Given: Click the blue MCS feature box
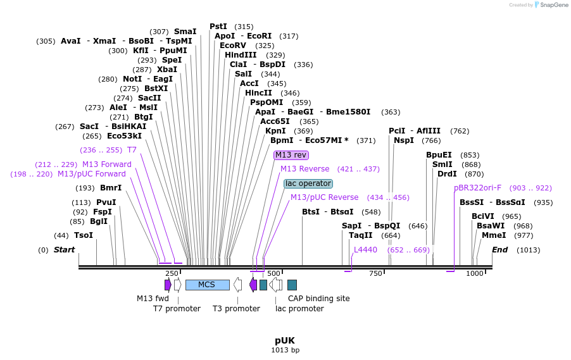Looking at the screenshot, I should coord(207,285).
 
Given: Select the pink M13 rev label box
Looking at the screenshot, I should coord(291,155).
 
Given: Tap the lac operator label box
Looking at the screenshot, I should coord(308,183).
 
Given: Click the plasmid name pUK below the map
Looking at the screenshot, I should coord(285,340).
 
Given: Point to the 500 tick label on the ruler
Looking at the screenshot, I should coord(273,273).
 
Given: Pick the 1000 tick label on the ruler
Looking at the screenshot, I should coord(475,273).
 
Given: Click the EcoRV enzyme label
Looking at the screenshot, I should coord(233,46).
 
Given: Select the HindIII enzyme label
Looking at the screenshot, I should coord(241,55).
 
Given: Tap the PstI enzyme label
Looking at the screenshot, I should coord(218,27).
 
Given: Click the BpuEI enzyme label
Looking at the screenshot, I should coord(439,155).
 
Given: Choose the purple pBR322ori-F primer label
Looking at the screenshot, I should coord(477,188).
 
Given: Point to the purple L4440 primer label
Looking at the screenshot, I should coord(365,250).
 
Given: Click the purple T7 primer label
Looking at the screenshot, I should coord(132,150).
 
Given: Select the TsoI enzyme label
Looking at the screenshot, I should coord(84,235).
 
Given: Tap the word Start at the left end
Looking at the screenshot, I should coord(64,250).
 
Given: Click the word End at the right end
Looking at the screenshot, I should coord(499,250).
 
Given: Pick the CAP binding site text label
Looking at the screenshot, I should coord(318,299).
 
